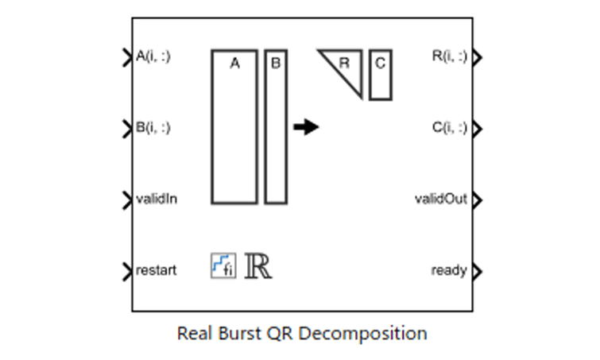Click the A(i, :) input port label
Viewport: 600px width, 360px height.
153,56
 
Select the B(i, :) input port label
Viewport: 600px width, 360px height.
153,127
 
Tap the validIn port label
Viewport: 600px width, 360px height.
157,199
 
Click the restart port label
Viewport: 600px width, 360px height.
157,270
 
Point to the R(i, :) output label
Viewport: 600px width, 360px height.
449,56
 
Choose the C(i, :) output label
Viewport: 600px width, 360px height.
449,127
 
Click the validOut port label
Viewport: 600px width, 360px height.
441,199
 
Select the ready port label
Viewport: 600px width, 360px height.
449,270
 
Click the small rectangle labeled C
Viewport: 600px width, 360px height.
380,74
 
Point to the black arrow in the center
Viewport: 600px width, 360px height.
306,127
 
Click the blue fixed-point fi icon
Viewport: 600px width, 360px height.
223,265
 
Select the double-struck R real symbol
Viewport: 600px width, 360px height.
258,265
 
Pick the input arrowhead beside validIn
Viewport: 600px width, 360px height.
127,199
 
